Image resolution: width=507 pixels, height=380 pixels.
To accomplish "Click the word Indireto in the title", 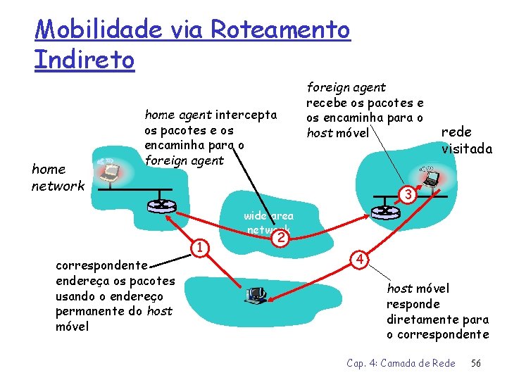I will pos(84,59).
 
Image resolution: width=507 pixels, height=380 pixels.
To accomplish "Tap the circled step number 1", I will pos(201,247).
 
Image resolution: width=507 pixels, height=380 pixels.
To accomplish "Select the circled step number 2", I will pos(282,238).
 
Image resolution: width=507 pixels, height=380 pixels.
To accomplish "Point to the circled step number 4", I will pos(359,260).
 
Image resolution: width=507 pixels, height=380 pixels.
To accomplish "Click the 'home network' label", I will pos(57,177).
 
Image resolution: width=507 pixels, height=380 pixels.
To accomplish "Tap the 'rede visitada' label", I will pos(466,140).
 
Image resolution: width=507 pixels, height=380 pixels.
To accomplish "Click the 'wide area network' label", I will pos(269,222).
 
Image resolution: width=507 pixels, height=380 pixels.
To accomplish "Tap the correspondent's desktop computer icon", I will pos(256,296).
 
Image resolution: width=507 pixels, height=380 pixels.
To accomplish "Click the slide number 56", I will pos(476,363).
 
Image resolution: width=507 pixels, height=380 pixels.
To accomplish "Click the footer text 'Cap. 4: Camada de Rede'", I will pos(401,363).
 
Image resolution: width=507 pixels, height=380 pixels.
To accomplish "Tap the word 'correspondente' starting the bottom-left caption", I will pos(101,266).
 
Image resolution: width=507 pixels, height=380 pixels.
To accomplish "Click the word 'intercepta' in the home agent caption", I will pos(246,115).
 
